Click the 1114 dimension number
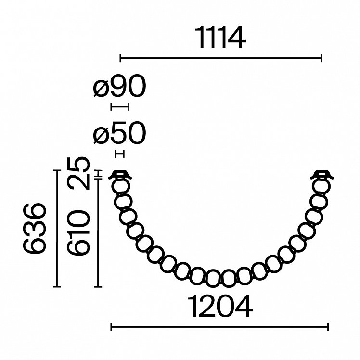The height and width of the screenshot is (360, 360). tap(220, 37)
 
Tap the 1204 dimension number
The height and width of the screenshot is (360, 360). tap(220, 306)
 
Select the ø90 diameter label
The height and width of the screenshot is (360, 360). tap(119, 86)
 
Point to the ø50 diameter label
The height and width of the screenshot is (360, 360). tap(119, 133)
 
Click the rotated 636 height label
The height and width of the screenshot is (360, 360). tap(35, 229)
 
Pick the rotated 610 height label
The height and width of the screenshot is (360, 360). tap(78, 233)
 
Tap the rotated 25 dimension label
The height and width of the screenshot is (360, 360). tap(78, 173)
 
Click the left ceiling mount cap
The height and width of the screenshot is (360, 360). tap(120, 175)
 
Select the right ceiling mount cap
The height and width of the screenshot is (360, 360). tap(322, 175)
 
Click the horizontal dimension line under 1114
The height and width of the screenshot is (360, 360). tap(220, 58)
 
